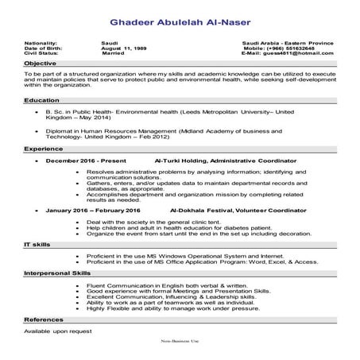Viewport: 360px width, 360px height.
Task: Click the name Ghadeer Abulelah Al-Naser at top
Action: (x=180, y=17)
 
